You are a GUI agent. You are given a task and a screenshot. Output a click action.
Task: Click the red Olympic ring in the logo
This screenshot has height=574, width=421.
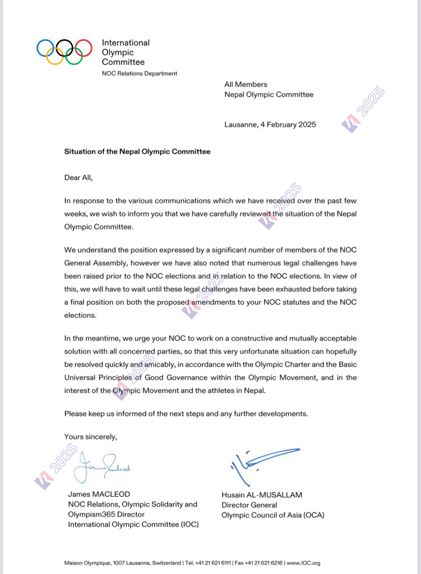(x=83, y=48)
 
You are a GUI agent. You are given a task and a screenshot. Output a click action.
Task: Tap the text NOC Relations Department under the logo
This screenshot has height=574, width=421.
(x=139, y=73)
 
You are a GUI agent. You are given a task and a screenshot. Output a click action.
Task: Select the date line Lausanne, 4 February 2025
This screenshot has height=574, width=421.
(x=270, y=125)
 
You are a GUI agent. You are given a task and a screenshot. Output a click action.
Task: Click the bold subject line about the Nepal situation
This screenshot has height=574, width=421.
(x=137, y=152)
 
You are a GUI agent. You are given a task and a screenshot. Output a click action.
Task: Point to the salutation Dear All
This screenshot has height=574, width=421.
(x=78, y=177)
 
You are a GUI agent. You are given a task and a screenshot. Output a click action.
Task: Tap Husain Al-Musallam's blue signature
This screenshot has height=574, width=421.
(x=262, y=463)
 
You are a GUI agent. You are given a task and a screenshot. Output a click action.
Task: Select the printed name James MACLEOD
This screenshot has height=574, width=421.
(x=99, y=494)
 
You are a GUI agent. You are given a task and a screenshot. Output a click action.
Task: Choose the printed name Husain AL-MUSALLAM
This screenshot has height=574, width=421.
(x=262, y=495)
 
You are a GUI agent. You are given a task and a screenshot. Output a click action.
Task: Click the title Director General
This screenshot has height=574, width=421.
(x=249, y=505)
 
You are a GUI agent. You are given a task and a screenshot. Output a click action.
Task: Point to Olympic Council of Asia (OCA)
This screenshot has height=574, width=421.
(x=272, y=515)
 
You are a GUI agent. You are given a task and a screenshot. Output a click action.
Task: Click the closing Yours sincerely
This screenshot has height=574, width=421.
(x=91, y=437)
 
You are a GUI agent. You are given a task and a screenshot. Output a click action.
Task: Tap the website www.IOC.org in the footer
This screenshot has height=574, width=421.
(x=303, y=563)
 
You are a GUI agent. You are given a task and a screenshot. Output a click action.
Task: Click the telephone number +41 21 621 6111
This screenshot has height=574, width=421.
(x=213, y=563)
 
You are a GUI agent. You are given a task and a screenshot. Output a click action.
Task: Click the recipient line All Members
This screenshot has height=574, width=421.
(x=245, y=85)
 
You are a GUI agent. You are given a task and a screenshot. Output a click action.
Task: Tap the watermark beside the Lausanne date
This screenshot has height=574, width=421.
(x=362, y=109)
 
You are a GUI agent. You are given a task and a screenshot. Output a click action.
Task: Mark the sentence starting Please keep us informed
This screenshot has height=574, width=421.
(x=186, y=414)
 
